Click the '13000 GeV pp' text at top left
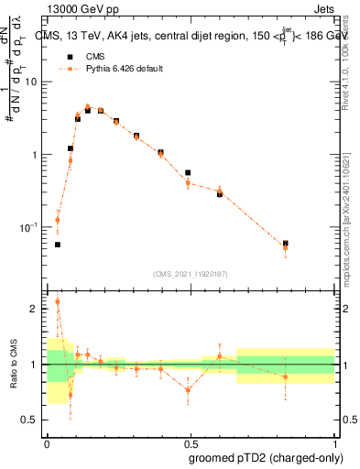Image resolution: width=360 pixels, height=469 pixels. point(79,10)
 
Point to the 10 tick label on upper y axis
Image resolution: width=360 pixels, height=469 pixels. point(31,82)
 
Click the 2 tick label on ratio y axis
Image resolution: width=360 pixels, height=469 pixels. point(38,309)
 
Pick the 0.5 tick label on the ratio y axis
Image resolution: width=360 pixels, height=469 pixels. point(34,420)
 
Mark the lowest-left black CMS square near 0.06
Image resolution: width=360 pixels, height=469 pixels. point(58,245)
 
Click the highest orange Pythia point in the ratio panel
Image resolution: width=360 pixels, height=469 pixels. point(58,300)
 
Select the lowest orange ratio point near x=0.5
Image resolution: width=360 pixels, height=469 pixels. point(188,389)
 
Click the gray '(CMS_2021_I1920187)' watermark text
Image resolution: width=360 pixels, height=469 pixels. point(190,273)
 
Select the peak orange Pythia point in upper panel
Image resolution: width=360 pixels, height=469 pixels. point(88,107)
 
